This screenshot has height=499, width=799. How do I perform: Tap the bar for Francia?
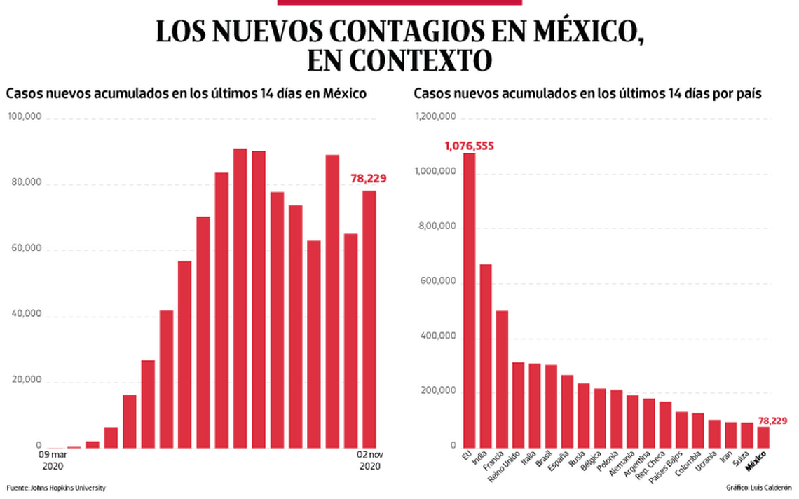tap(503, 378)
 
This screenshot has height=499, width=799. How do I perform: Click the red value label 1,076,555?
tap(469, 146)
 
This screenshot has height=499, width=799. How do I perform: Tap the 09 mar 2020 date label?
tap(54, 460)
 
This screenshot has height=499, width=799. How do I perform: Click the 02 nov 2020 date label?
tap(369, 460)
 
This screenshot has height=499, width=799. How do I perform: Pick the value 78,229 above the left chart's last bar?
tap(369, 179)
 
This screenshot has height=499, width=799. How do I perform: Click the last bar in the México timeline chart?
tap(369, 319)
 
